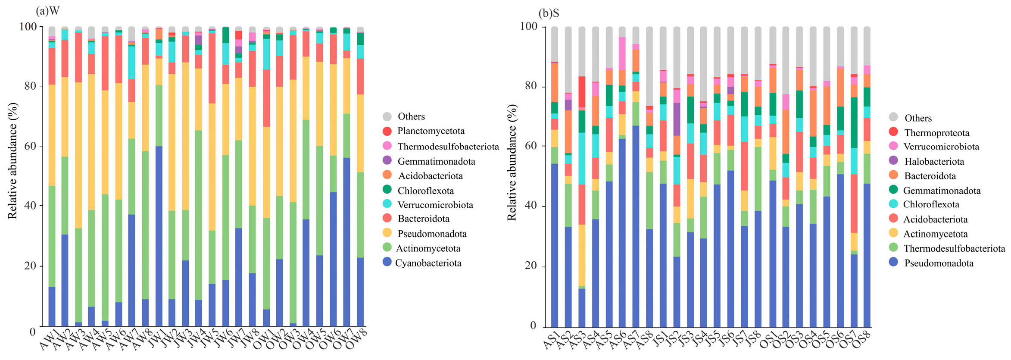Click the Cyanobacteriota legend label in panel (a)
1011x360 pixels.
428,263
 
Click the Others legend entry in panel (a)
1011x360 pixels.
404,116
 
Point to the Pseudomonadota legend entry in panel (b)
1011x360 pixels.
931,263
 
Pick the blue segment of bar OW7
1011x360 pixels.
347,242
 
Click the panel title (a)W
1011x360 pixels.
48,11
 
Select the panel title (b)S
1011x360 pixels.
549,13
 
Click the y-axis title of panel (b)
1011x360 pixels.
512,162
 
